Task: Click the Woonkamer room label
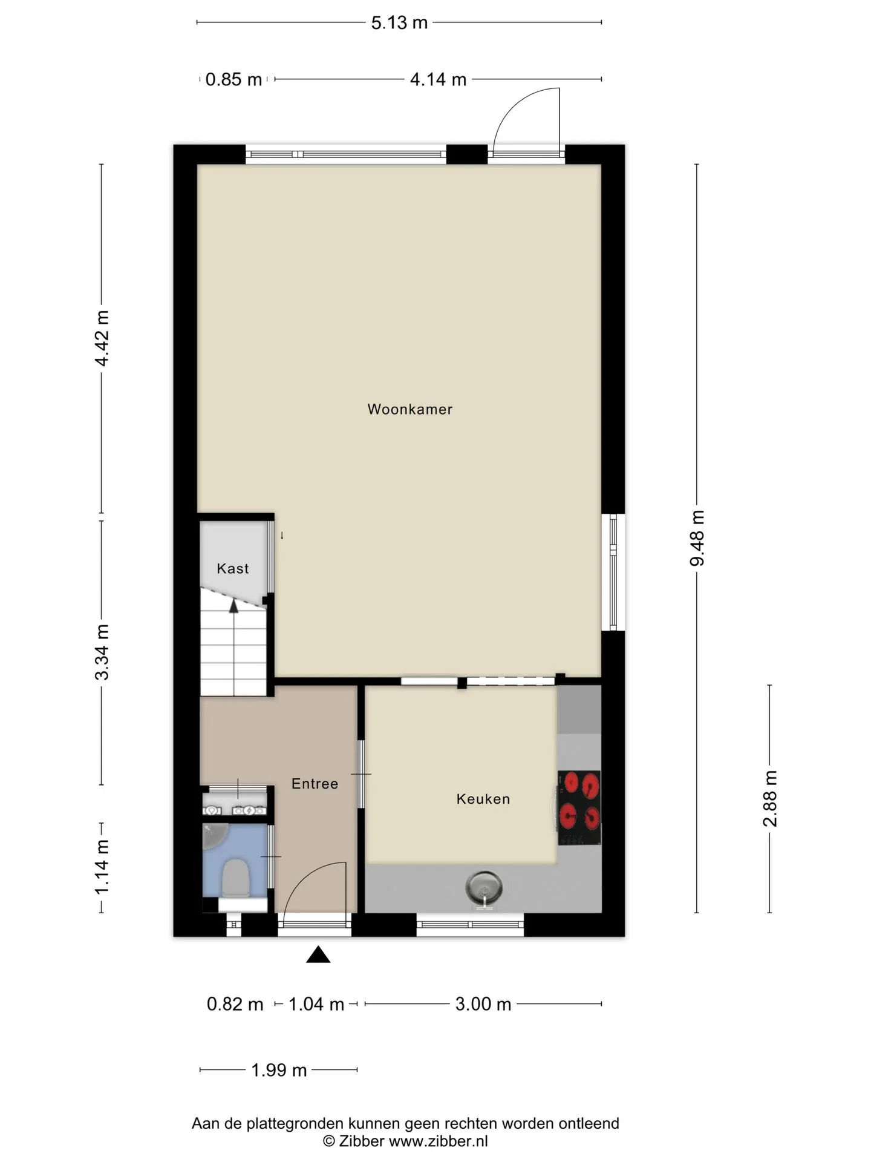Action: click(x=409, y=409)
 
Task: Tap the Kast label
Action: click(x=233, y=568)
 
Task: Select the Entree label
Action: click(x=315, y=784)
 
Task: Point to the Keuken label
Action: click(x=483, y=799)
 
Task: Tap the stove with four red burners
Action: click(x=579, y=807)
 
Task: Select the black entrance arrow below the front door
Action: click(x=318, y=955)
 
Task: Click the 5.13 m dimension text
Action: click(x=399, y=23)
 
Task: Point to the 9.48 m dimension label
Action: click(x=697, y=538)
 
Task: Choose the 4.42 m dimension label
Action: click(x=102, y=338)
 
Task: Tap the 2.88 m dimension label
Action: click(x=770, y=799)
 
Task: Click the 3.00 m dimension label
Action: click(x=483, y=1004)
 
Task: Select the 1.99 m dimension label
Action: click(x=279, y=1070)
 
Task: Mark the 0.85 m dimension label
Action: click(x=233, y=79)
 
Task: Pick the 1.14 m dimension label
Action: click(x=102, y=867)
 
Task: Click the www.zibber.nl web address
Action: click(x=438, y=1141)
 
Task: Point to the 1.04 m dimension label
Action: click(x=316, y=1004)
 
